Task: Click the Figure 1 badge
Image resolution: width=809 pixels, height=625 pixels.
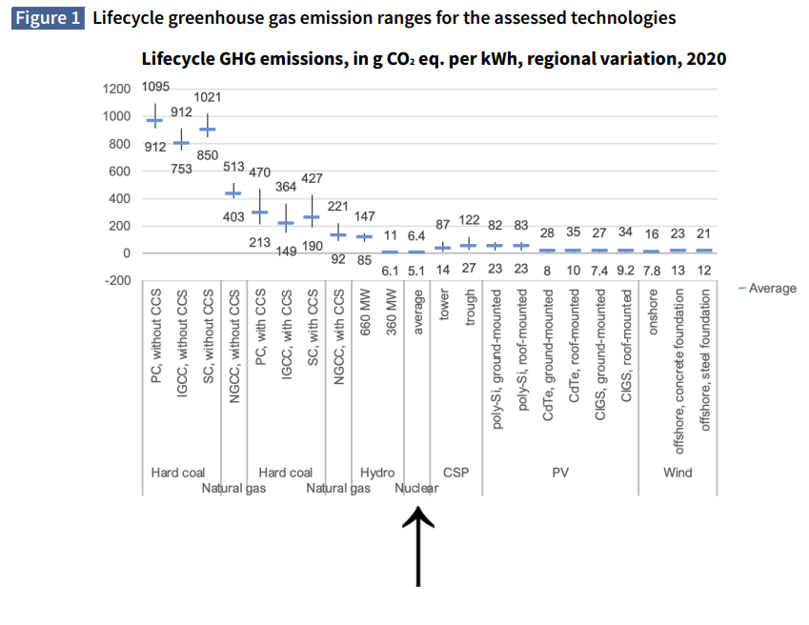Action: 47,18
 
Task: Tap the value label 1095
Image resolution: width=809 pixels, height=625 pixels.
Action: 155,87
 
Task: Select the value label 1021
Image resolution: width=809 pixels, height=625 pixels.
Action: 208,97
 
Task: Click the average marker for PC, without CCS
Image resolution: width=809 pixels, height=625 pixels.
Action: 154,120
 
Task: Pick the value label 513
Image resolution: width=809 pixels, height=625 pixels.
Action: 234,165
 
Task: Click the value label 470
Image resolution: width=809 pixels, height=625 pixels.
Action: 260,172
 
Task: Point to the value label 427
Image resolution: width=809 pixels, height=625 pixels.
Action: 313,178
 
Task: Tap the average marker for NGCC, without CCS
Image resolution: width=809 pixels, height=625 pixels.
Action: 233,193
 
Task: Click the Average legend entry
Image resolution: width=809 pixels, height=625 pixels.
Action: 767,288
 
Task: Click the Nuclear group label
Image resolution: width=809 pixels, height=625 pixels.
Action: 416,489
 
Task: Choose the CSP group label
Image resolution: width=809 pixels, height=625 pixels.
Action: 455,473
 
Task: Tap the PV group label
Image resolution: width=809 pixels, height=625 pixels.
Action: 560,473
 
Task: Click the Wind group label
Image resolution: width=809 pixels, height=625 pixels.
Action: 678,473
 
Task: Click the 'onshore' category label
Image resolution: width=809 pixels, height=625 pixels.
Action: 653,325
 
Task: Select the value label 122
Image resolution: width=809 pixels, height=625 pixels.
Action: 470,220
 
